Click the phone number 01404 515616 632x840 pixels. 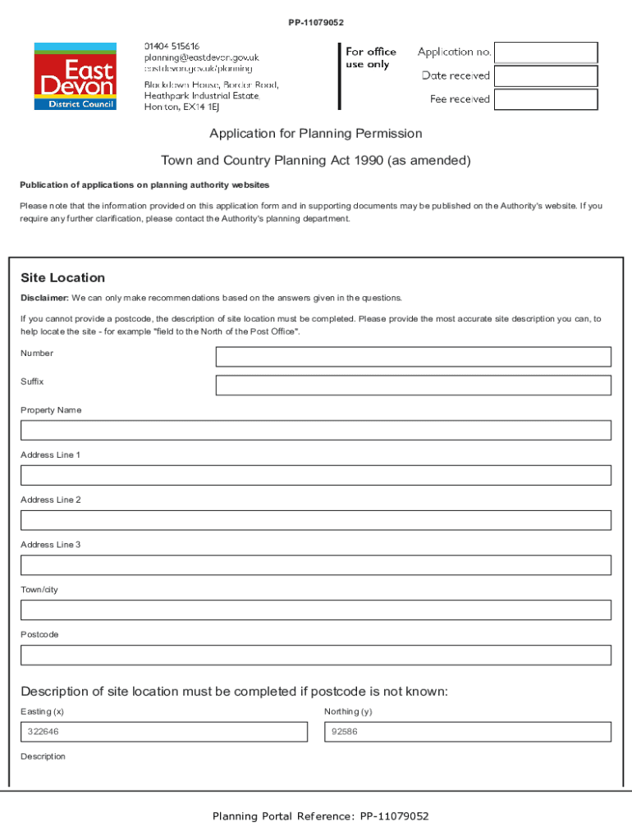click(x=172, y=46)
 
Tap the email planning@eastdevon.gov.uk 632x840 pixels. click(x=201, y=57)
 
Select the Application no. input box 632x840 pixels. click(x=547, y=52)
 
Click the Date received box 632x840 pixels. click(x=547, y=76)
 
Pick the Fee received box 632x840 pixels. click(x=547, y=99)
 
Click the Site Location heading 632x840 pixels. click(x=63, y=278)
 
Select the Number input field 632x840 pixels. click(x=413, y=357)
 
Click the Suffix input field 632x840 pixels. click(x=413, y=386)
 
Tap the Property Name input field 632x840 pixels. click(x=316, y=431)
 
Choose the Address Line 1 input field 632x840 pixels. click(x=316, y=476)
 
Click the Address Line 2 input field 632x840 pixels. click(x=316, y=520)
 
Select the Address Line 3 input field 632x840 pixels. click(x=316, y=565)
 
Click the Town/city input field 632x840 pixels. click(x=316, y=610)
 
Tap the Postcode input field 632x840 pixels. click(x=316, y=655)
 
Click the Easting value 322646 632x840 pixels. click(x=43, y=732)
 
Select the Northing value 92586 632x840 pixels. click(x=344, y=732)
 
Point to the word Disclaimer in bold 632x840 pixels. click(x=44, y=298)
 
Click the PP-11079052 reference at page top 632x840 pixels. click(x=316, y=22)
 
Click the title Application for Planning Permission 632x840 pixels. click(x=316, y=134)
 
